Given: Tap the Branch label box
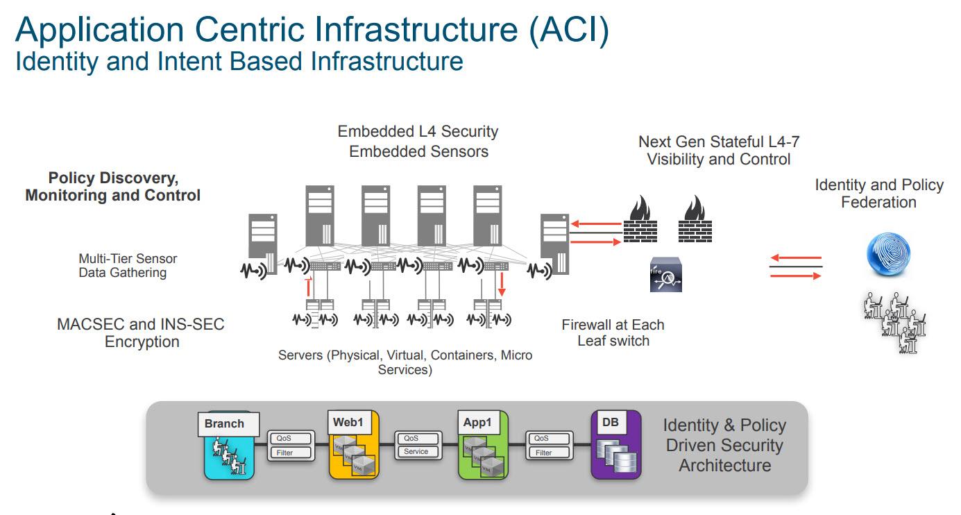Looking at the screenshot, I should click(224, 423).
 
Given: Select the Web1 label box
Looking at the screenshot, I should click(348, 422).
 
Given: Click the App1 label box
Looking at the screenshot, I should click(477, 422).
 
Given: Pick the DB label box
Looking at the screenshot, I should click(611, 422).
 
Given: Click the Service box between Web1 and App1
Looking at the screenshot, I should click(416, 452).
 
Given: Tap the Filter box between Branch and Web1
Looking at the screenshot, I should click(284, 453).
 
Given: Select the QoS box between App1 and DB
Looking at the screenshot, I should click(542, 439).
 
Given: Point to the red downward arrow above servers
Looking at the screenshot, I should click(502, 285).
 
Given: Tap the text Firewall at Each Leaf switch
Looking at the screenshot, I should click(613, 332).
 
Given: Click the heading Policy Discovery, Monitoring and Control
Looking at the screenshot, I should click(113, 187).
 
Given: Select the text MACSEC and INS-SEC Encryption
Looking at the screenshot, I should click(141, 332).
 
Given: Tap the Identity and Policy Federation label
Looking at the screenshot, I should click(878, 194).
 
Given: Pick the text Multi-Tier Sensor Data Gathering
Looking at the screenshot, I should click(128, 265).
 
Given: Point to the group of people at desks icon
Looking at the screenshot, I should click(895, 322).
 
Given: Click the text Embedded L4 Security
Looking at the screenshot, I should click(418, 131).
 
